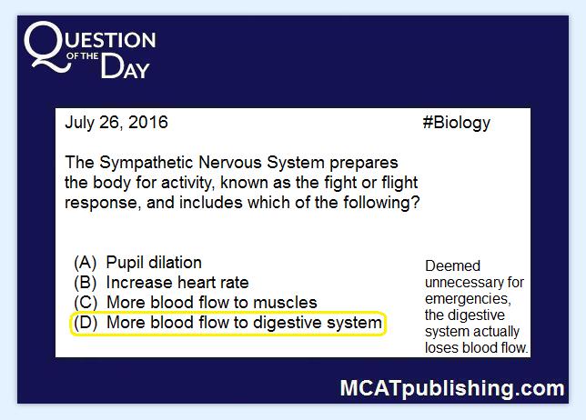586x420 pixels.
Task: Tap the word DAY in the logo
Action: point(126,66)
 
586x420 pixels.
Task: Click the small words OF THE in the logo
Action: point(82,56)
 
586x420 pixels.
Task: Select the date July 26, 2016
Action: point(116,123)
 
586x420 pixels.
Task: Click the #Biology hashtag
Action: point(456,123)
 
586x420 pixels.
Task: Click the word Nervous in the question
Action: point(230,163)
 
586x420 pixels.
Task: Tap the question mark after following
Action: point(415,203)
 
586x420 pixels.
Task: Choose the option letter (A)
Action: point(86,263)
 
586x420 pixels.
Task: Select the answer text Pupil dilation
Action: point(154,263)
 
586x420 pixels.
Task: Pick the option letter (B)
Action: point(86,283)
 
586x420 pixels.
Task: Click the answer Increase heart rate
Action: point(177,283)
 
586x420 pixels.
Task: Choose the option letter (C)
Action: point(86,303)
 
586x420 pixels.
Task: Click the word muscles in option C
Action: point(285,303)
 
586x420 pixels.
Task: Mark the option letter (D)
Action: point(86,323)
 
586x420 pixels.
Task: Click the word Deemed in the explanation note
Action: point(452,265)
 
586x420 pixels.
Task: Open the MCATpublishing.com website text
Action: point(452,388)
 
